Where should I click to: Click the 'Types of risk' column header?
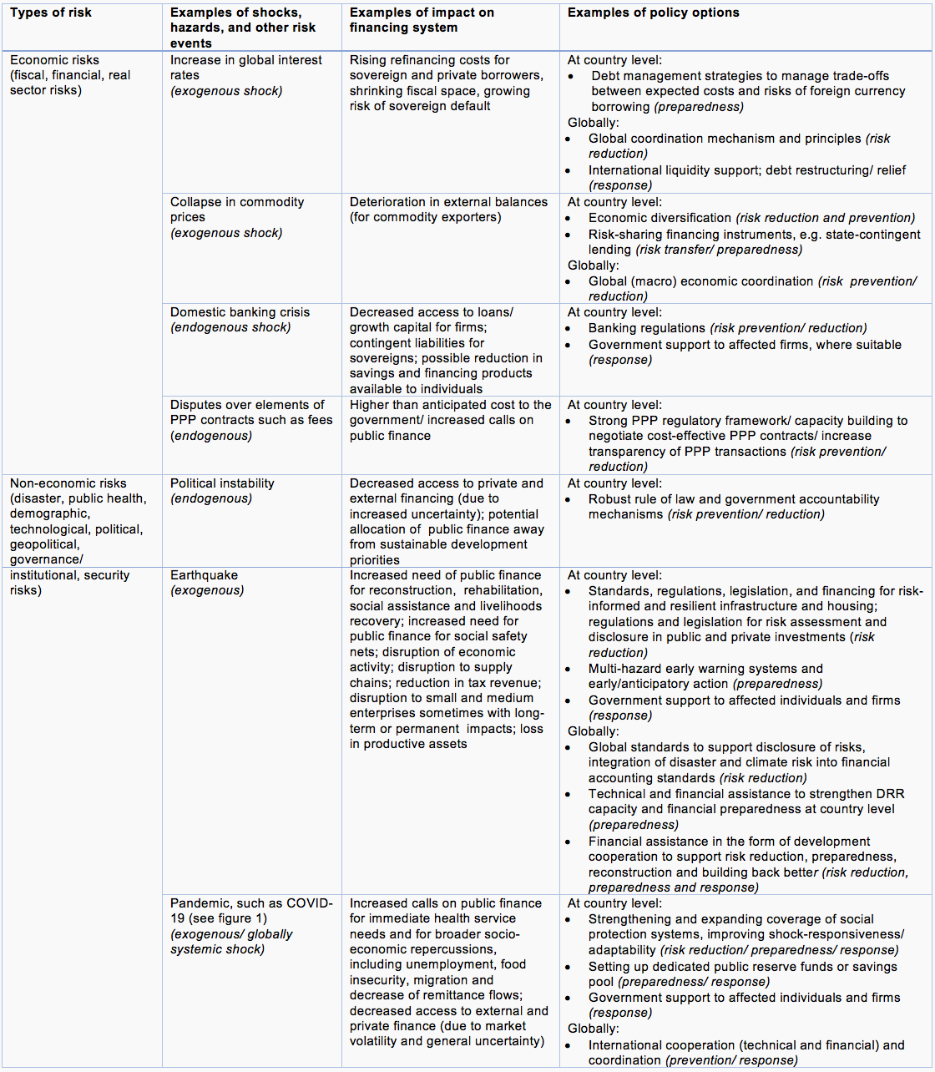tap(51, 13)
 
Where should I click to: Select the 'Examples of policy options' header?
tap(653, 13)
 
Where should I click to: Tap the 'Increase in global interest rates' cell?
tap(245, 75)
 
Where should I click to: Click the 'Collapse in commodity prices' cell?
tap(237, 217)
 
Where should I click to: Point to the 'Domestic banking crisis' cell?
tap(240, 320)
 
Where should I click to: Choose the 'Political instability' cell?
tap(222, 491)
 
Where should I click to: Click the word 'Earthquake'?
tap(204, 575)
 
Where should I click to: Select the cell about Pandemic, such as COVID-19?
tap(250, 926)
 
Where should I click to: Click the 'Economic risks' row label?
tap(54, 60)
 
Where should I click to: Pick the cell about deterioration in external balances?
tap(448, 210)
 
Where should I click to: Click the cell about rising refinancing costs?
tap(446, 83)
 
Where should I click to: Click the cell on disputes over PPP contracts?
tap(250, 420)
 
